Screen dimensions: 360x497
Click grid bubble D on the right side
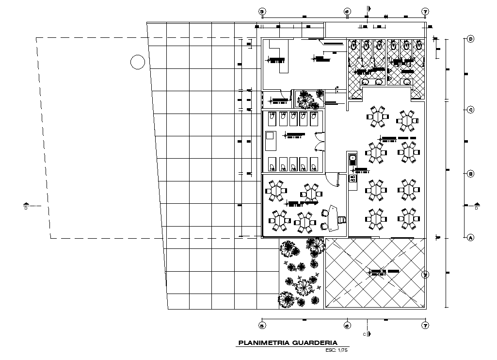click(x=470, y=39)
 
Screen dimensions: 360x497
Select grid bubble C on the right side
click(x=470, y=110)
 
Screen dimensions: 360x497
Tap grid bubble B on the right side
click(x=470, y=174)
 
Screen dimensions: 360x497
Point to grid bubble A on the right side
click(x=470, y=238)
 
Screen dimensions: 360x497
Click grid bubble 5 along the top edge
click(x=262, y=11)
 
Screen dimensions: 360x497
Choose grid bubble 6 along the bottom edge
click(x=347, y=326)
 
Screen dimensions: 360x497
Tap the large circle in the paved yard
click(x=138, y=62)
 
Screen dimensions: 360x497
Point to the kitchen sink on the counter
click(x=352, y=158)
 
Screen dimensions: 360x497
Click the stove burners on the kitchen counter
click(x=353, y=179)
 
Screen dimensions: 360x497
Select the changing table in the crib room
click(x=270, y=141)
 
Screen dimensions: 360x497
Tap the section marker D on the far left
click(x=26, y=206)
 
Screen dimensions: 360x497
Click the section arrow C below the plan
click(x=369, y=334)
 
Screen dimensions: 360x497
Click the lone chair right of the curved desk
click(x=343, y=219)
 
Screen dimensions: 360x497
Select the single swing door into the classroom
click(x=332, y=179)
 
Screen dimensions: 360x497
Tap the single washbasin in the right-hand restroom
click(x=406, y=81)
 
